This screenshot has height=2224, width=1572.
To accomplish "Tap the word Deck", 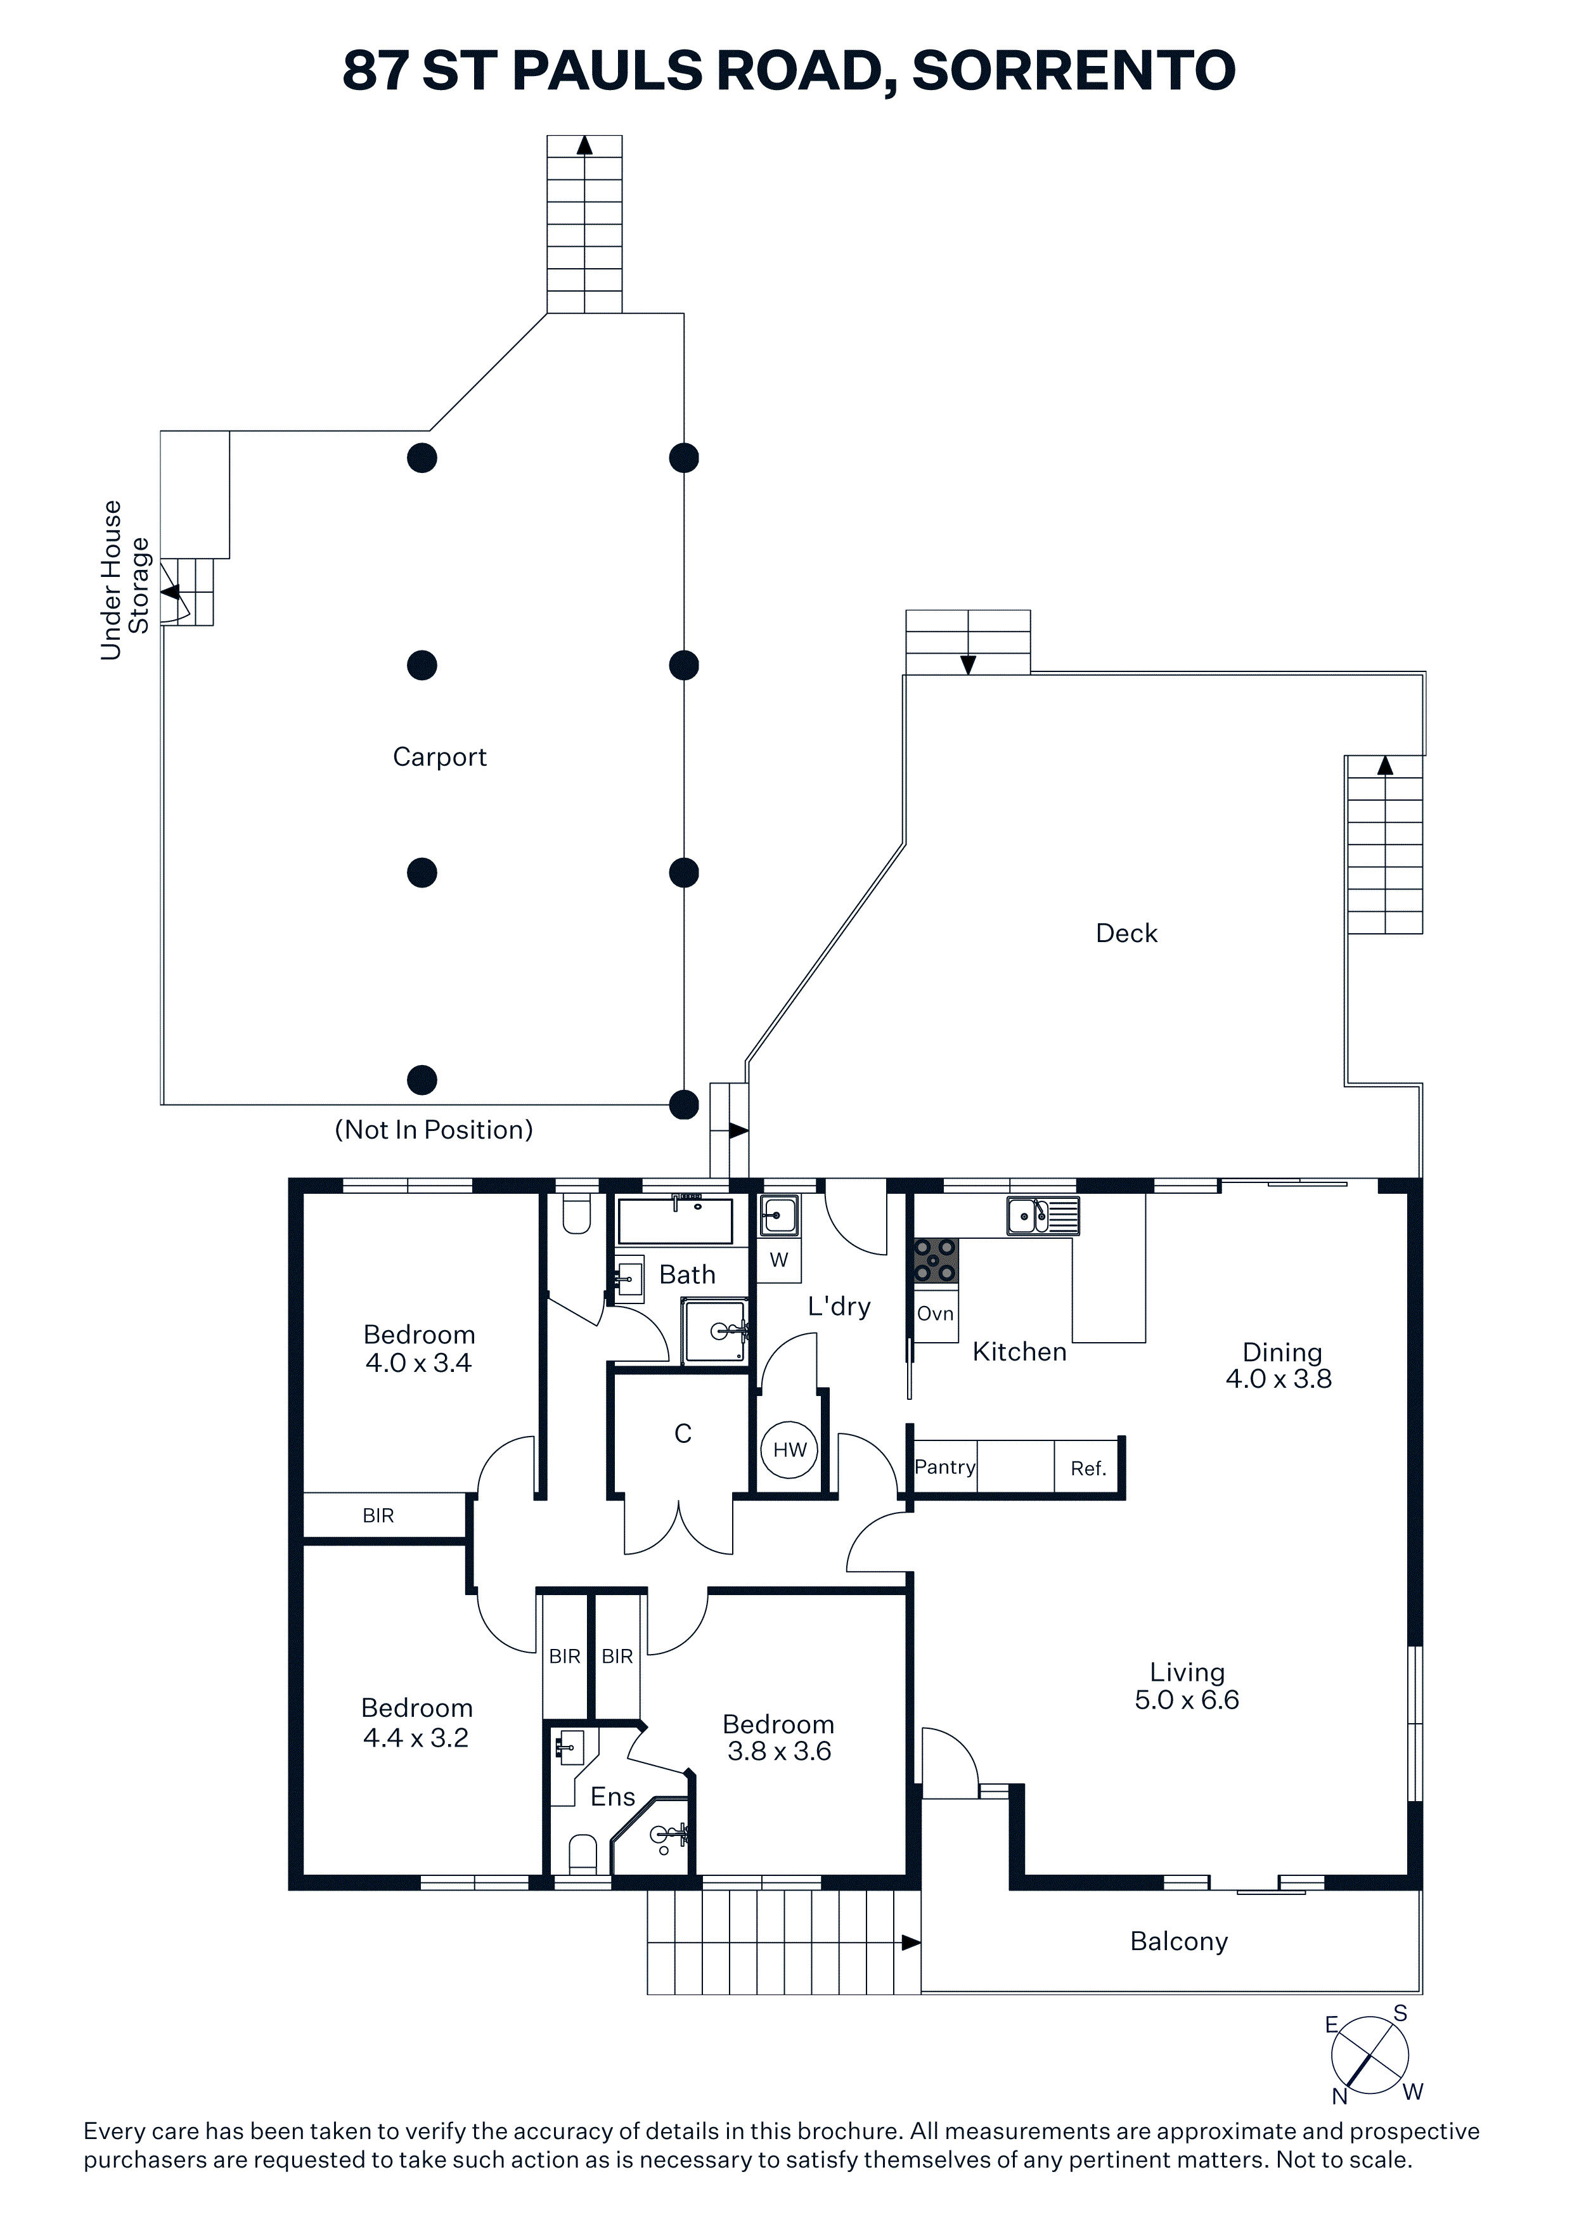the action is point(1126,933).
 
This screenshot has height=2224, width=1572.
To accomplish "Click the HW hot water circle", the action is point(789,1449).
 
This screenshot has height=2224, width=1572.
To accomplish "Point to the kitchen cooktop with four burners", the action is point(936,1261).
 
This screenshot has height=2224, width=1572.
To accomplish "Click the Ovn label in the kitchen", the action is point(936,1314).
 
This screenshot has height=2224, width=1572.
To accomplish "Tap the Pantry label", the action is point(944,1466).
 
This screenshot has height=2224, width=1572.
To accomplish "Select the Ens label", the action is point(613,1797).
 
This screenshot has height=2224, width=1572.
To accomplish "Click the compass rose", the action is point(1370,2055).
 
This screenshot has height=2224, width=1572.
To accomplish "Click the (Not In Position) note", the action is point(434,1130).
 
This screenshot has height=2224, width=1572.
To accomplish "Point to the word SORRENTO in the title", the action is point(1074,71).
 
